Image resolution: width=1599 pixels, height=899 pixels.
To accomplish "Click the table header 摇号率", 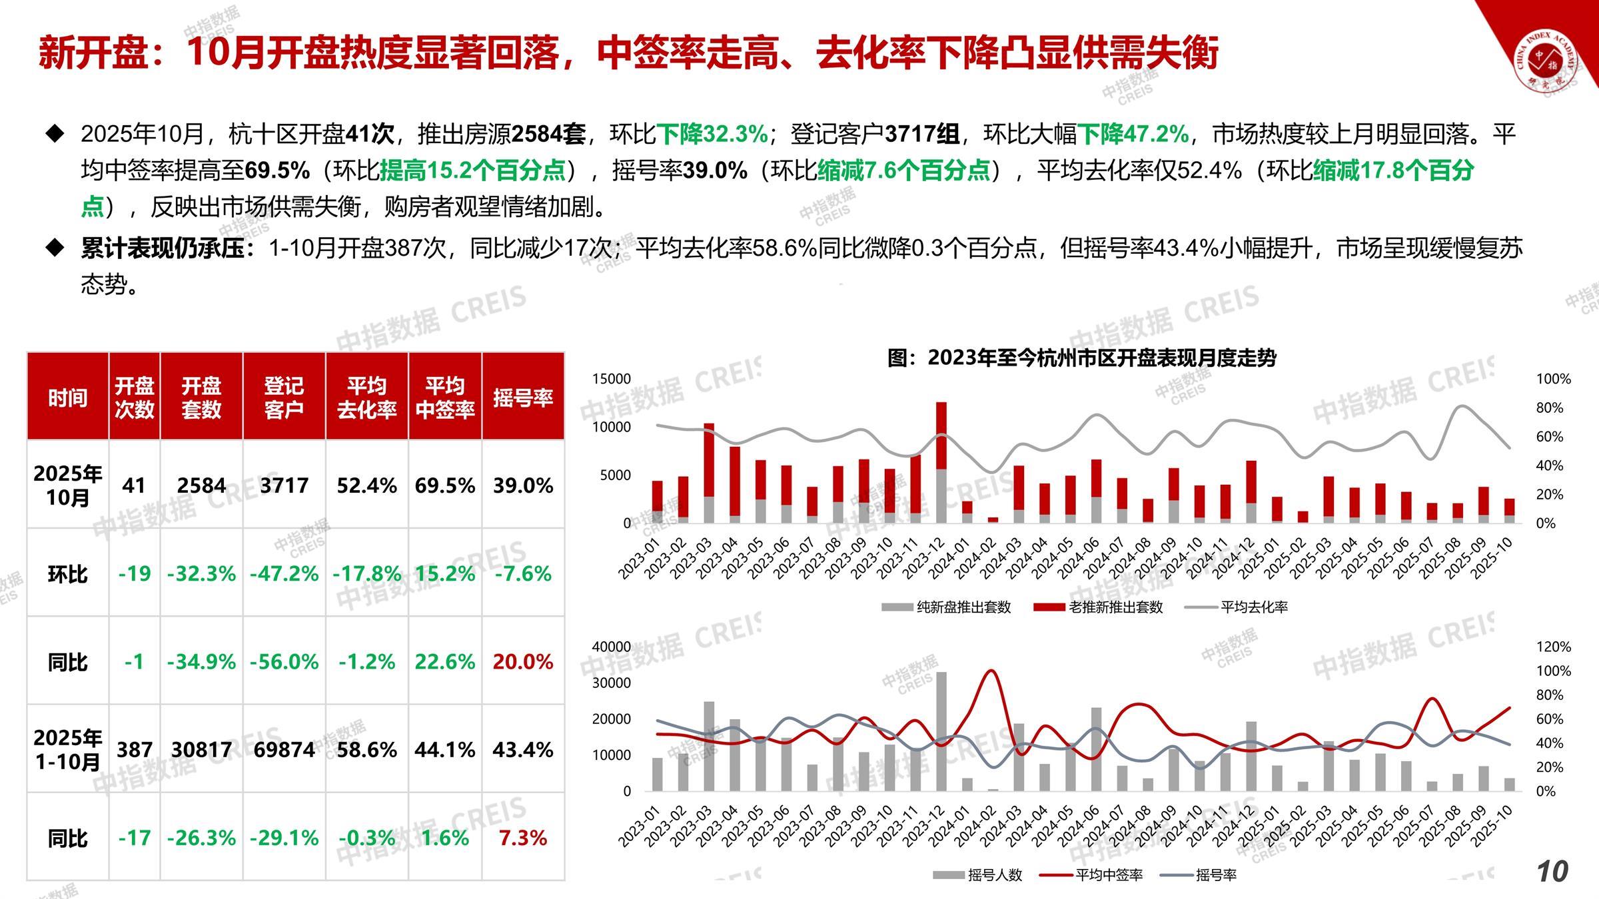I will coord(523,398).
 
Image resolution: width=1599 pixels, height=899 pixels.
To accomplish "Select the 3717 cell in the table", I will coord(284,485).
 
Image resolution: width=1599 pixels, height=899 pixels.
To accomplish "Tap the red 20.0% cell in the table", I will coord(523,662).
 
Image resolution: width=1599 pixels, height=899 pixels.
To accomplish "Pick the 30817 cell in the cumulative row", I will coord(201,750).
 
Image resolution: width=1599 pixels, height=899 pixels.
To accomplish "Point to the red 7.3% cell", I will coord(523,838).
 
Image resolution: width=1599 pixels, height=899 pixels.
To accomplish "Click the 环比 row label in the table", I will coord(67,574).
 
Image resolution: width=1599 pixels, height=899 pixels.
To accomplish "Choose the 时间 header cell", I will coord(67,398).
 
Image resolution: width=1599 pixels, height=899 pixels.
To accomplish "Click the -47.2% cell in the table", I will coord(284,574).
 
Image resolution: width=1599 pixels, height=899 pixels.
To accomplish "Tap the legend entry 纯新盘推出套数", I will coord(947,607).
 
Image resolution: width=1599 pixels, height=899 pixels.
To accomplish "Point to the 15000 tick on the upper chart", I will coord(612,379).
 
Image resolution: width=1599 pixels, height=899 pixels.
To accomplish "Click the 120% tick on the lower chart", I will coord(1553,647).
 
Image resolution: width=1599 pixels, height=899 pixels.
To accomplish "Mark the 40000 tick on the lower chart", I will coord(612,647).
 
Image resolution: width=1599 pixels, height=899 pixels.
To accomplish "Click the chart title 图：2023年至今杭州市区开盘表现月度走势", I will coord(1082,358).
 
